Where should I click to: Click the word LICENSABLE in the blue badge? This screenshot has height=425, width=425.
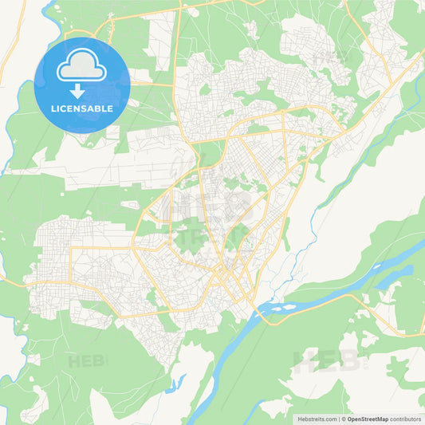click(81, 108)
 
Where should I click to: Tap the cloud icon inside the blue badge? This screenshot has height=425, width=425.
click(81, 66)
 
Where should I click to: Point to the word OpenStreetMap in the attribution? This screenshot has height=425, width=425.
click(368, 419)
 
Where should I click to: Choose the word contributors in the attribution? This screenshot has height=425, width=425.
click(406, 419)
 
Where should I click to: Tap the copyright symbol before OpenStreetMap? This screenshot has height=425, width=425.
click(343, 419)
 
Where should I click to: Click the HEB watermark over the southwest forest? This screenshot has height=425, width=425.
click(85, 360)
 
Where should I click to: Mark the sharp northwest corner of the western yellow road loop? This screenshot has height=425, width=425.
click(71, 248)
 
